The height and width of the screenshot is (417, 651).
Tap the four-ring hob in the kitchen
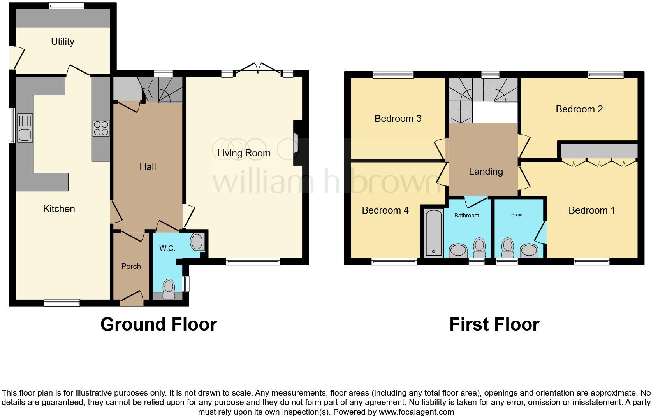(x=100, y=128)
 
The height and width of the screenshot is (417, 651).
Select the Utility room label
(x=63, y=41)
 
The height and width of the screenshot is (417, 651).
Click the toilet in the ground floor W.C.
(x=169, y=288)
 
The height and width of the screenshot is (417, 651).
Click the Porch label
(x=131, y=266)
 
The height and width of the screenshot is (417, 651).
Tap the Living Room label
(x=244, y=153)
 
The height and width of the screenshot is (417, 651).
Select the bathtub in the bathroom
(x=434, y=233)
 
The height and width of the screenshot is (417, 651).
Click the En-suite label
(x=516, y=215)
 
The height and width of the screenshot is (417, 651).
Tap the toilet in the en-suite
(x=507, y=248)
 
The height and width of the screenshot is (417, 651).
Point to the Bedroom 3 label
(x=398, y=118)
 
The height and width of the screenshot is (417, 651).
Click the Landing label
(x=486, y=171)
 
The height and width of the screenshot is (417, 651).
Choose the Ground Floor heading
(x=158, y=324)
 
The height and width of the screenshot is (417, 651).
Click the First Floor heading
(x=494, y=324)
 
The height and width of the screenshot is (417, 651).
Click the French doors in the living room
(x=258, y=68)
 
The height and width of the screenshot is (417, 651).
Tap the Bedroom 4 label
(x=385, y=210)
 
